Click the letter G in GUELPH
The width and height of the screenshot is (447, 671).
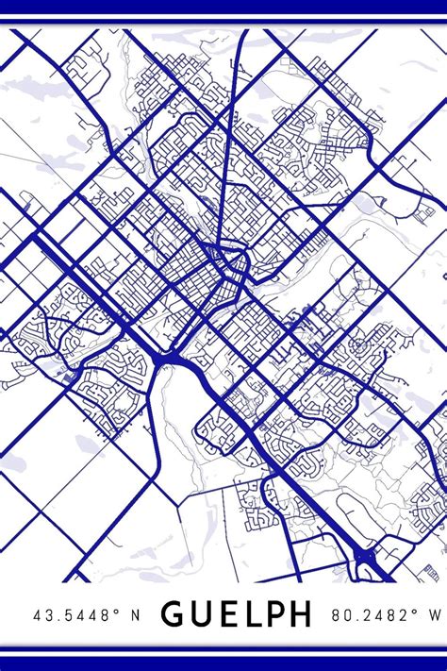tap(175, 614)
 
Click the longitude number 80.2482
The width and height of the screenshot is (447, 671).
tap(368, 615)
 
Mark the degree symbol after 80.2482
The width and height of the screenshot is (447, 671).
tap(412, 611)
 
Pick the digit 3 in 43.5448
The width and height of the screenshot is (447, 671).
tap(50, 615)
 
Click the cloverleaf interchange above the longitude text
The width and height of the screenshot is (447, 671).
tap(366, 564)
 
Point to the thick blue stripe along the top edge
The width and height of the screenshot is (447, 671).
tap(223, 7)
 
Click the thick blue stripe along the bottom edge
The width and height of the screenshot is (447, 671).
tap(223, 663)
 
